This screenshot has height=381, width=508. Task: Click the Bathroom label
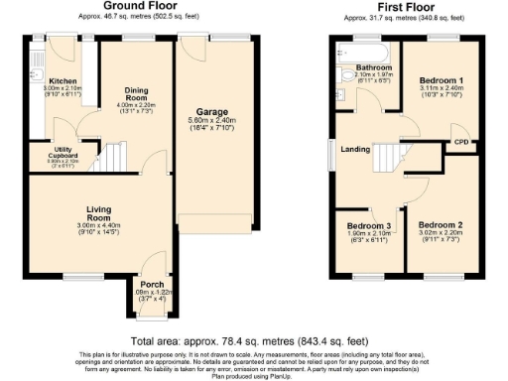(374, 68)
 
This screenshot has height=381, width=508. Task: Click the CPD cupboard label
(460, 143)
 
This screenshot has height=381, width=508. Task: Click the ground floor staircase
(116, 156)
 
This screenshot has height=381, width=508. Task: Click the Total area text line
(253, 339)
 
